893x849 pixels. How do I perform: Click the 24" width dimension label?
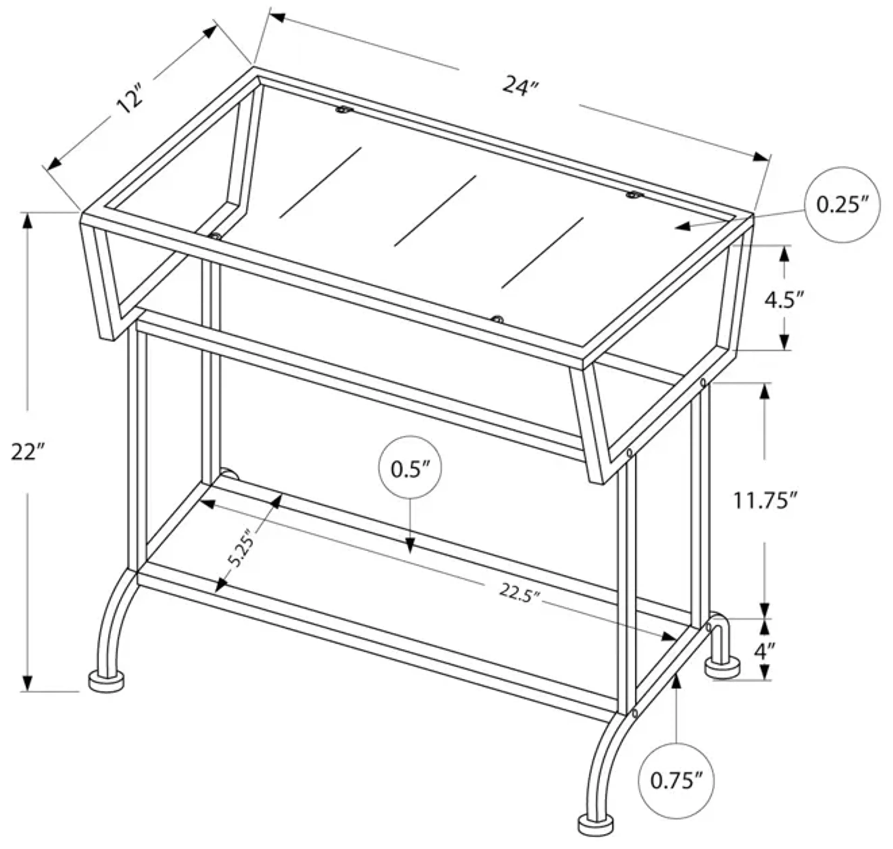521,86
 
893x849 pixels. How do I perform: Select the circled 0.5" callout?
410,469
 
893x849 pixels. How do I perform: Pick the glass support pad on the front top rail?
498,319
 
